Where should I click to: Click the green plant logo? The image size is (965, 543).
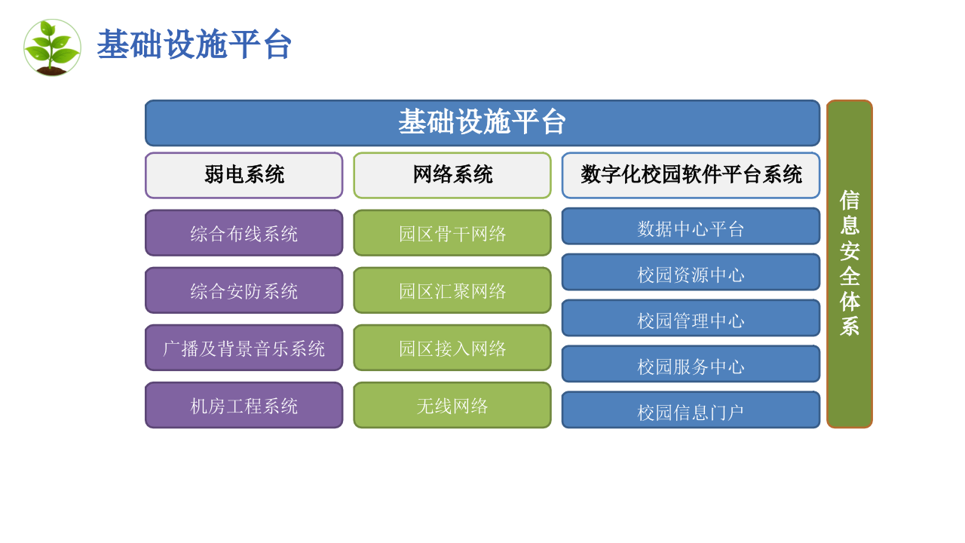pyautogui.click(x=52, y=48)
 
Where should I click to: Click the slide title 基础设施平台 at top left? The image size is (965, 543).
pyautogui.click(x=194, y=45)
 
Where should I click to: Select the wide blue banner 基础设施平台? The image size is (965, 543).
pyautogui.click(x=482, y=123)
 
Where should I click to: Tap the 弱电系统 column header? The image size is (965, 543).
pyautogui.click(x=244, y=175)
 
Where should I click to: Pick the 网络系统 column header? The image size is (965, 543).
pyautogui.click(x=452, y=175)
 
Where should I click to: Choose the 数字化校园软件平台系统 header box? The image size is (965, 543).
pyautogui.click(x=690, y=175)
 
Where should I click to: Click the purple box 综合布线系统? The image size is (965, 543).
pyautogui.click(x=244, y=233)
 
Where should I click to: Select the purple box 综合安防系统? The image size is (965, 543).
pyautogui.click(x=244, y=290)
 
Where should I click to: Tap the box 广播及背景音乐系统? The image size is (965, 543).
pyautogui.click(x=244, y=348)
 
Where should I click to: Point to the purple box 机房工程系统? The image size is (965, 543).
pyautogui.click(x=244, y=405)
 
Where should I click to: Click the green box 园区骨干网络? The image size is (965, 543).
pyautogui.click(x=452, y=233)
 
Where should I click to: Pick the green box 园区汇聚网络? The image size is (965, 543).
pyautogui.click(x=452, y=290)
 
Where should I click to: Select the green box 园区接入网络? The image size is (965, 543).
pyautogui.click(x=452, y=348)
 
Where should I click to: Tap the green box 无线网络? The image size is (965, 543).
pyautogui.click(x=452, y=405)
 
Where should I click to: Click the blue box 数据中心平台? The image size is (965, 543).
pyautogui.click(x=690, y=226)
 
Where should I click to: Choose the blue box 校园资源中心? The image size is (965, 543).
pyautogui.click(x=690, y=272)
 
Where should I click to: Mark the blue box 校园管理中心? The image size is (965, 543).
pyautogui.click(x=690, y=318)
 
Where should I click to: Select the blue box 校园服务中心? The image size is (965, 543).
pyautogui.click(x=690, y=364)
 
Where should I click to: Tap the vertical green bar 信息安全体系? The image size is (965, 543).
pyautogui.click(x=849, y=264)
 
